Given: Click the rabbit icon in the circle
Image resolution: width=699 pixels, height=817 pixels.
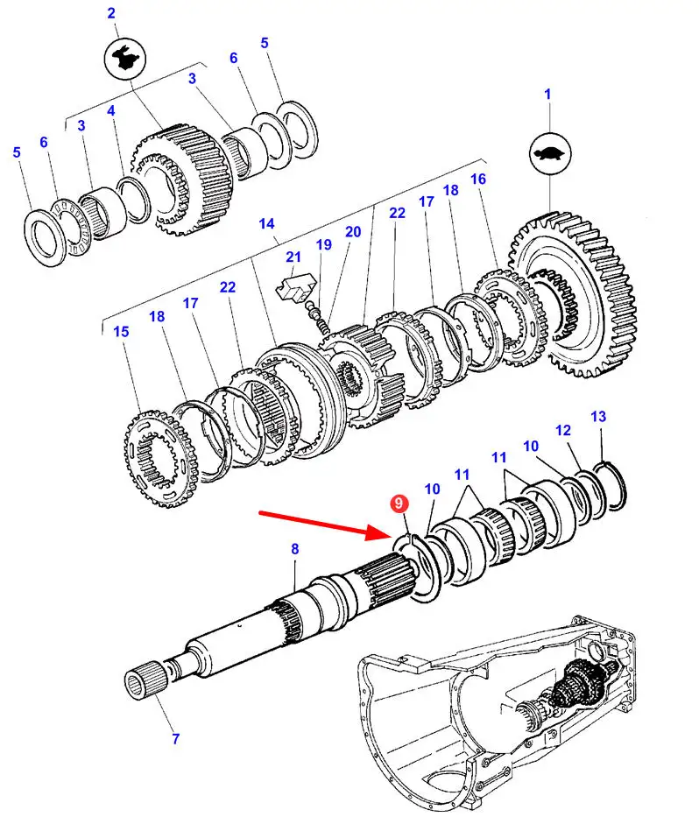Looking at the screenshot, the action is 125,59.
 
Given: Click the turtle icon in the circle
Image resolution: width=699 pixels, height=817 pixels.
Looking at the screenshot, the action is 550,155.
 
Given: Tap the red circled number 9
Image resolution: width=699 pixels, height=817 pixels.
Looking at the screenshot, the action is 399,504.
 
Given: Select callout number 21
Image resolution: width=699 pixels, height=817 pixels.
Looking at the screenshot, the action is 293,257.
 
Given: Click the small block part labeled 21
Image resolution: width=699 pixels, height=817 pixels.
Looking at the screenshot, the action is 296,287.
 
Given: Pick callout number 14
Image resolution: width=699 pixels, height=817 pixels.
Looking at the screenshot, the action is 266,223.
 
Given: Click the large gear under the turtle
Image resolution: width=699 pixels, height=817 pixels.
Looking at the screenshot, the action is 572,294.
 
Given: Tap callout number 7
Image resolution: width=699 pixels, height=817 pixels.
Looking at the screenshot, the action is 176,738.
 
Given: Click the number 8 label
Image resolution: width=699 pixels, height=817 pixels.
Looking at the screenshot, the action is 295,549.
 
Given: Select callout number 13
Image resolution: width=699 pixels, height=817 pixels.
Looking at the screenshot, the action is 598,416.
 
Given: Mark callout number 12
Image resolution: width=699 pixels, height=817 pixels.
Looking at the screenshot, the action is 563,430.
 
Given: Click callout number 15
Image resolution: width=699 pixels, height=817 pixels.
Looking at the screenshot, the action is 121,331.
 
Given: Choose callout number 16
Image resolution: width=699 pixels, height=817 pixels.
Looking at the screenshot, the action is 478,180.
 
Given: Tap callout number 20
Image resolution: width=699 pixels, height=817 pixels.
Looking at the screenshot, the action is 353,232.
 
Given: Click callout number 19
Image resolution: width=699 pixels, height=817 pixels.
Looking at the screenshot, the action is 324,244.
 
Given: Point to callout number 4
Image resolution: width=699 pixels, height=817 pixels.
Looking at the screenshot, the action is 111,111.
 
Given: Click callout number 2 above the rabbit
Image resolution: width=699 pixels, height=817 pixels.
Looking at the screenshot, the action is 111,13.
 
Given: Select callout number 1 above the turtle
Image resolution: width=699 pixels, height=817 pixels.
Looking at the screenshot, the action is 547,95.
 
